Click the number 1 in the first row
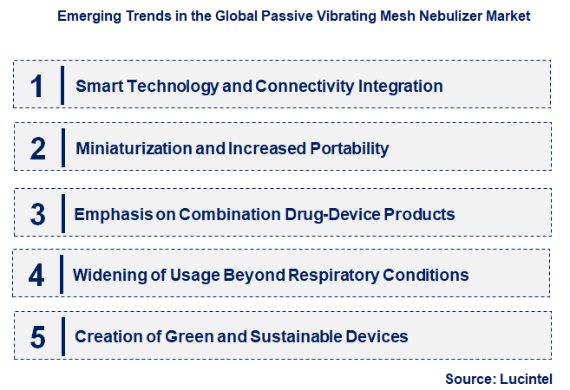(36, 85)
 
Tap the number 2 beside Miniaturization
(37, 148)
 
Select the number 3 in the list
(36, 213)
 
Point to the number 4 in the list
(36, 276)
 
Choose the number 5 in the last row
(37, 336)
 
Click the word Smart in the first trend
(97, 87)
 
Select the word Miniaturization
(134, 149)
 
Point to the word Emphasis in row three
(109, 213)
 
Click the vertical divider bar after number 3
(62, 213)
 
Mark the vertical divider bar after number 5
(62, 336)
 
